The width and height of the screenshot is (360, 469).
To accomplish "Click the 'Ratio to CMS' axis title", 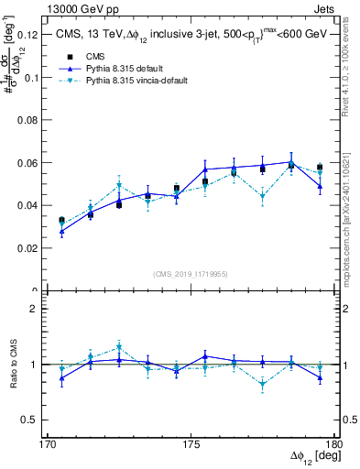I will pos(12,364).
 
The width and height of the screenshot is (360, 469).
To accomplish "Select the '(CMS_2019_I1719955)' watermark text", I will pos(191,273).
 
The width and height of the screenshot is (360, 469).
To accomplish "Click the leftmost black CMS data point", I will pos(61,221).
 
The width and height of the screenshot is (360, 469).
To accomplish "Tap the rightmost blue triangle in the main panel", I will pos(320,186).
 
